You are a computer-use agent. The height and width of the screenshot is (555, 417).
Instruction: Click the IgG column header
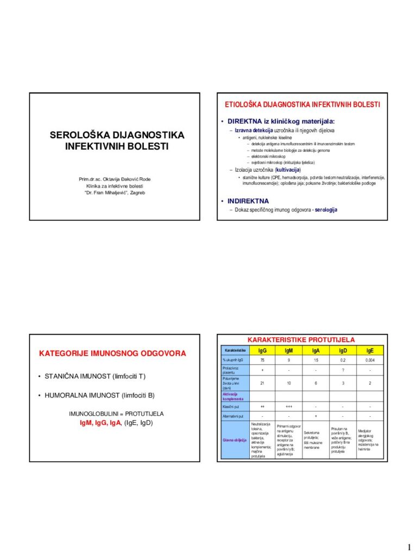(x=262, y=351)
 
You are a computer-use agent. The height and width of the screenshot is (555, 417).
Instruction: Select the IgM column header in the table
(x=288, y=351)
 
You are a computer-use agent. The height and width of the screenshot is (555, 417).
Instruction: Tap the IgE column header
(x=370, y=351)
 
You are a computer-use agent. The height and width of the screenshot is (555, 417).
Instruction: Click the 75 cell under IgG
(x=262, y=360)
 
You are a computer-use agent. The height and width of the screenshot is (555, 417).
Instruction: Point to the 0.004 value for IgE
(x=370, y=360)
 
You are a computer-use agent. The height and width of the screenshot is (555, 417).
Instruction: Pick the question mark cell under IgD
(x=343, y=371)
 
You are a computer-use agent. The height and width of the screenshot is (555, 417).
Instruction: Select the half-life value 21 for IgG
(x=262, y=383)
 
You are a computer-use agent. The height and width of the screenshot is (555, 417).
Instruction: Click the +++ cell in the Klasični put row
(x=288, y=406)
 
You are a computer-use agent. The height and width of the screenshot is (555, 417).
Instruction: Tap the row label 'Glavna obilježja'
(x=234, y=440)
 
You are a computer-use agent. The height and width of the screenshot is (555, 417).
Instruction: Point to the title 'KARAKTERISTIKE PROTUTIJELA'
(x=301, y=339)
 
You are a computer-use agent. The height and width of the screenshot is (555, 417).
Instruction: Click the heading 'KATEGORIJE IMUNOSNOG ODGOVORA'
(x=112, y=353)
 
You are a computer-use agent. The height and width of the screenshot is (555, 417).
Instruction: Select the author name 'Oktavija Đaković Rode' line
(x=115, y=179)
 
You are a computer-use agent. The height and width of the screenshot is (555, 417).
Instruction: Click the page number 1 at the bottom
(x=408, y=545)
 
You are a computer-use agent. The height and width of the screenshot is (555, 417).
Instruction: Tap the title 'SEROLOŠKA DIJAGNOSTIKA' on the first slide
(x=117, y=135)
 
